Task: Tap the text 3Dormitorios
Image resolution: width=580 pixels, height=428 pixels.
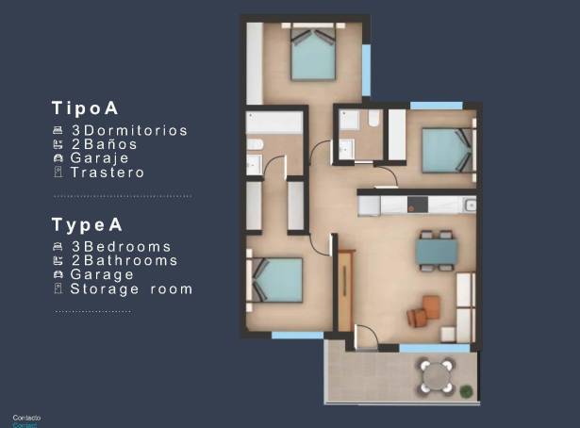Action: [x=129, y=131]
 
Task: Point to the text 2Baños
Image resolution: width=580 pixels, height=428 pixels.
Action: [x=104, y=145]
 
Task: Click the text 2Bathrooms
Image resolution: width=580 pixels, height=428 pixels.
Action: [x=124, y=260]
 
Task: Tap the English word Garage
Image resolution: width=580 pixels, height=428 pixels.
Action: [x=102, y=274]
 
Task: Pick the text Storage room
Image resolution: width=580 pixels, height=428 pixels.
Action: [x=131, y=288]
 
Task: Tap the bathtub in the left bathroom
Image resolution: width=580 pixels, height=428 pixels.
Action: [x=274, y=123]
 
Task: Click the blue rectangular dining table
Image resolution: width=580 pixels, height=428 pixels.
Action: [x=437, y=250]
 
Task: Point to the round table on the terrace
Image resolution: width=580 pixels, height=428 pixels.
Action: [x=436, y=375]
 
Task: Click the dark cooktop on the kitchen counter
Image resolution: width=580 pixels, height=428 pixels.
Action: [x=416, y=204]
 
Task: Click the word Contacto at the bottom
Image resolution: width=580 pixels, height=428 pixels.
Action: [x=26, y=417]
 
